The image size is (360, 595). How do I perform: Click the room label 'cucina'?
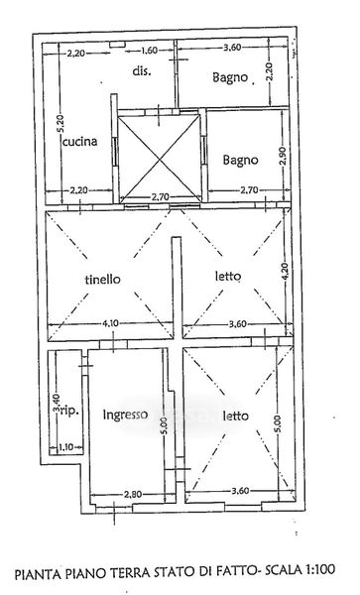(79, 142)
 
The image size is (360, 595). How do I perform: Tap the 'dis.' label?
(142, 70)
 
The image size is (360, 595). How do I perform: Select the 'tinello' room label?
(103, 280)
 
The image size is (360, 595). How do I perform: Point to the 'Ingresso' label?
(125, 415)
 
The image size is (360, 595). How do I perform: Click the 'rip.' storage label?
(69, 411)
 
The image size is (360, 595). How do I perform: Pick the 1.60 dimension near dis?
(149, 51)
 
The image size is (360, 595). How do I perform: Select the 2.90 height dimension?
(285, 155)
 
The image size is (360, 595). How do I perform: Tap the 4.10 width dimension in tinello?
(110, 323)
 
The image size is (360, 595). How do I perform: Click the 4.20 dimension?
(287, 272)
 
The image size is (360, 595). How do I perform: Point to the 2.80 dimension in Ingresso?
(133, 494)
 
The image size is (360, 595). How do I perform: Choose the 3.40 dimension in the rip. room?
(57, 403)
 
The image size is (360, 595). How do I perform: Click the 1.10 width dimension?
(66, 447)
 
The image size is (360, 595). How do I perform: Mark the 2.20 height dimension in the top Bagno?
(270, 72)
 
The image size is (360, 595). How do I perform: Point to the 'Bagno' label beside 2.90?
(241, 160)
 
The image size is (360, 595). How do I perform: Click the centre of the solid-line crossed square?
(160, 159)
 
